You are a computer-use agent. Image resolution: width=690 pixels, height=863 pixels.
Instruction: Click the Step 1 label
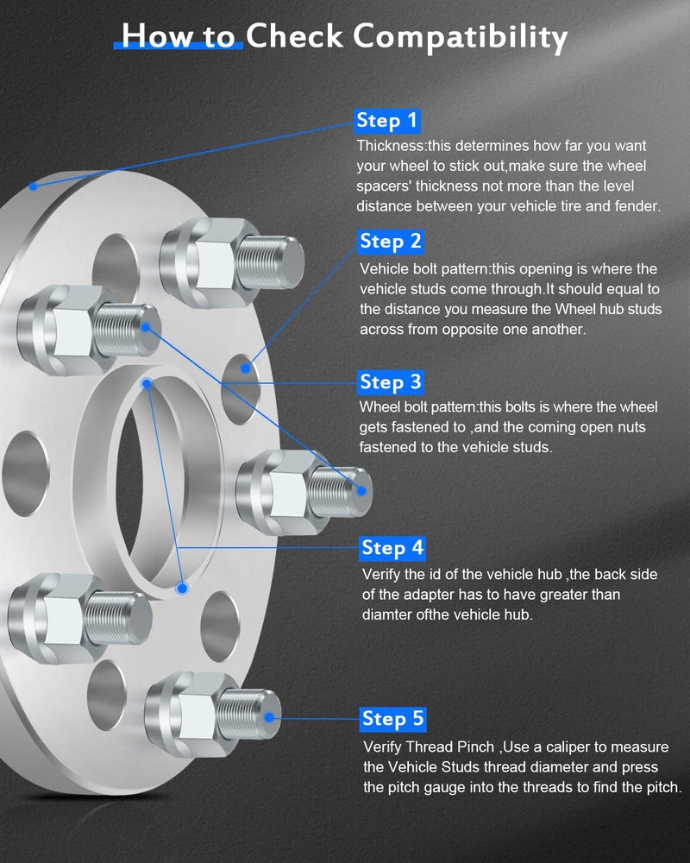pyautogui.click(x=387, y=121)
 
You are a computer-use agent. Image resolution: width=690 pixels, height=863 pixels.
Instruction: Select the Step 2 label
pyautogui.click(x=391, y=241)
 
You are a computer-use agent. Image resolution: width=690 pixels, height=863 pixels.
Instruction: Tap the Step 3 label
pyautogui.click(x=391, y=382)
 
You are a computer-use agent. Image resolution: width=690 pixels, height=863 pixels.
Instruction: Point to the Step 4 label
pyautogui.click(x=392, y=548)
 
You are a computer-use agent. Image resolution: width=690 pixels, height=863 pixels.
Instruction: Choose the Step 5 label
pyautogui.click(x=393, y=719)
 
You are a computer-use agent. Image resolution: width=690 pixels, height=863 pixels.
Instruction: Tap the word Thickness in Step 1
pyautogui.click(x=388, y=146)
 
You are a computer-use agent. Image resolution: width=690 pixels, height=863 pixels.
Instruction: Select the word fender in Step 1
pyautogui.click(x=635, y=206)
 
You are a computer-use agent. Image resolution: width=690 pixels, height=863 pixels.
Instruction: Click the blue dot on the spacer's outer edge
pyautogui.click(x=33, y=186)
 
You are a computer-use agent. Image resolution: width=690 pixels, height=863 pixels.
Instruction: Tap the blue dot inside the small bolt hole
pyautogui.click(x=246, y=368)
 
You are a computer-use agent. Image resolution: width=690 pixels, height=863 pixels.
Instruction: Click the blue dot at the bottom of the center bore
pyautogui.click(x=181, y=588)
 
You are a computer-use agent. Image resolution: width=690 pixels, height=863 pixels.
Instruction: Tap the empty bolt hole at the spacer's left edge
pyautogui.click(x=23, y=474)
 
